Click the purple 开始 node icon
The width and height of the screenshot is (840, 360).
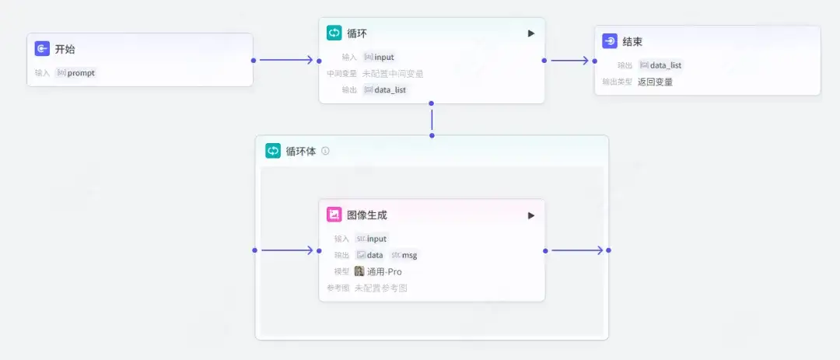tap(43, 49)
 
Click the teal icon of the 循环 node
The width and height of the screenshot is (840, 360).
tap(334, 33)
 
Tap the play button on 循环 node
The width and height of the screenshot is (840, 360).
tap(531, 33)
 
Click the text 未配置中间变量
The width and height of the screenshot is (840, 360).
tap(393, 74)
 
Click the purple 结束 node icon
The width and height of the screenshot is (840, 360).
tap(610, 41)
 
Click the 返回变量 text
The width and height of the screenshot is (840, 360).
tap(655, 82)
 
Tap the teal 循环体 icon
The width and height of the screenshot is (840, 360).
tap(273, 151)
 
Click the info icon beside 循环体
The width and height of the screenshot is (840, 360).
tap(325, 151)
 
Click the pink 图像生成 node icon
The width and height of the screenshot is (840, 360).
tap(334, 215)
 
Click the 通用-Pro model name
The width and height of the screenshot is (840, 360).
tap(384, 271)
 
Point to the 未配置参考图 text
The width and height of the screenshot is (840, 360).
tap(380, 288)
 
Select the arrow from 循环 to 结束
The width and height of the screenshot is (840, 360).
tap(569, 60)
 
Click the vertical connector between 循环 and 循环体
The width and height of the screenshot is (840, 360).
tap(432, 119)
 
